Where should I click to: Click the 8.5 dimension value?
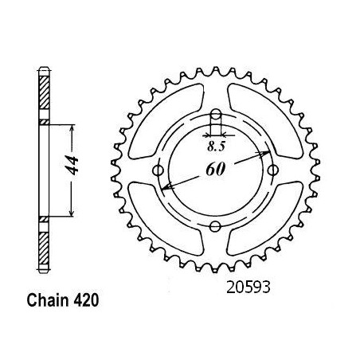tap(216, 146)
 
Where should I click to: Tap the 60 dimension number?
tap(216, 169)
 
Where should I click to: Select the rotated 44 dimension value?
tap(72, 166)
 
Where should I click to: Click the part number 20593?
tap(248, 288)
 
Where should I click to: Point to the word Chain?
tap(48, 300)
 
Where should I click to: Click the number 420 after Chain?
tap(86, 300)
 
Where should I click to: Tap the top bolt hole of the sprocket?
tap(216, 115)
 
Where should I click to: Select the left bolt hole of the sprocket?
tap(158, 170)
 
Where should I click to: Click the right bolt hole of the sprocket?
tap(273, 170)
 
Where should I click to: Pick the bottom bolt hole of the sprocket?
tap(215, 226)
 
